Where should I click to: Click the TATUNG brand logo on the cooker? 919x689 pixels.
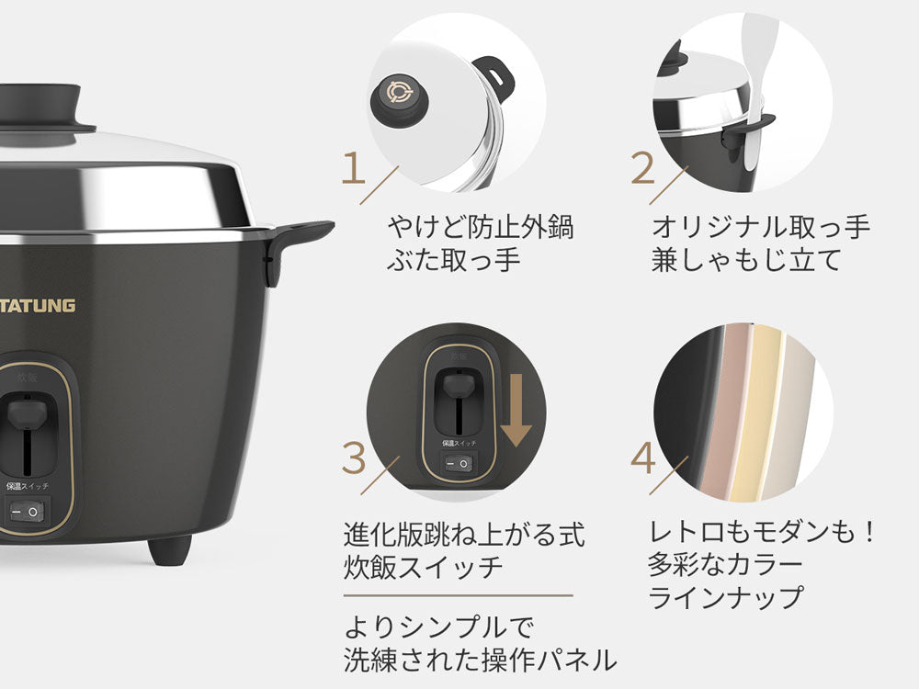[38, 305]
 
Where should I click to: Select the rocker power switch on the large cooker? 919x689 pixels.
[27, 512]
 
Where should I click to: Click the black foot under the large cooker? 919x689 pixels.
[169, 549]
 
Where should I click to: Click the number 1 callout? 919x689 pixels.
[354, 167]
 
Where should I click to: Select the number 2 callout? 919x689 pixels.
[642, 168]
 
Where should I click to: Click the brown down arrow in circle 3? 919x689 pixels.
[516, 410]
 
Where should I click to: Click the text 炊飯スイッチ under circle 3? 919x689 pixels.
[423, 567]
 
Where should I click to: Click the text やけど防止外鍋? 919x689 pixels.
[480, 227]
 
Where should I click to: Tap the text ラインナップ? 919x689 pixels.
[725, 598]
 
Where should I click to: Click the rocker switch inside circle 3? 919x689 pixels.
[458, 464]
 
